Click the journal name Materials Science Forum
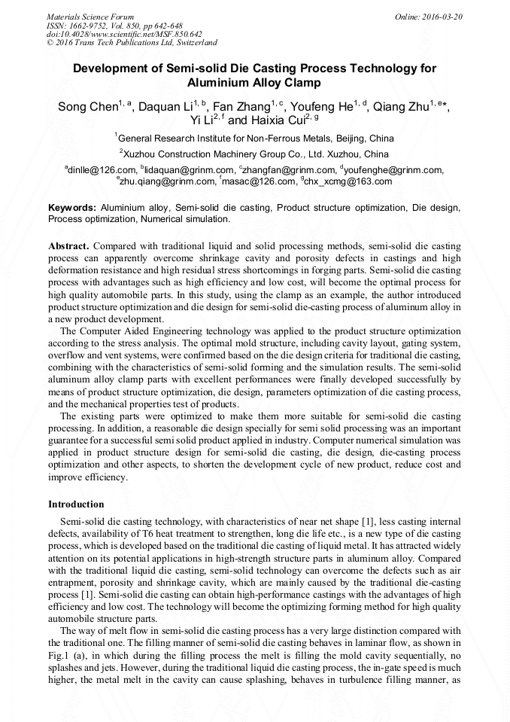pyautogui.click(x=90, y=16)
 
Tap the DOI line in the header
pyautogui.click(x=124, y=34)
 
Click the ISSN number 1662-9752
pyautogui.click(x=93, y=25)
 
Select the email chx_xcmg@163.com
pyautogui.click(x=338, y=181)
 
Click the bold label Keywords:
pyautogui.click(x=72, y=207)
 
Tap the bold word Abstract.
pyautogui.click(x=69, y=246)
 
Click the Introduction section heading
pyautogui.click(x=76, y=504)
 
